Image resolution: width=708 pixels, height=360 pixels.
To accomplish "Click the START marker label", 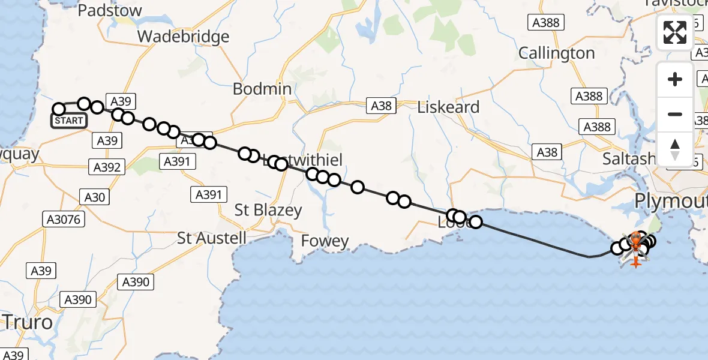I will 69,121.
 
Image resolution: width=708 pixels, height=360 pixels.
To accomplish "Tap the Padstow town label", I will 110,10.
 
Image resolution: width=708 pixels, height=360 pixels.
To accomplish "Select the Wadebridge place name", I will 183,37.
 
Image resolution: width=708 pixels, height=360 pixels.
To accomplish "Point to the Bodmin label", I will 262,89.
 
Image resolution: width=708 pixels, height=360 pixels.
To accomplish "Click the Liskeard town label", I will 449,107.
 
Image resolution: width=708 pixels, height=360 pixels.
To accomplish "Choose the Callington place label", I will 556,53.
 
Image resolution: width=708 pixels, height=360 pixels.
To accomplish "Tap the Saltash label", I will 629,158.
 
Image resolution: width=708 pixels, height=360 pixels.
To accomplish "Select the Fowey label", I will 325,241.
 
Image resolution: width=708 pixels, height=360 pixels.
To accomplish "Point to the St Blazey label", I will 268,210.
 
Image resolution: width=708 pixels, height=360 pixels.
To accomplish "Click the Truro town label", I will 27,322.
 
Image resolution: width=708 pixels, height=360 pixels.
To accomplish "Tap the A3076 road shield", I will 63,220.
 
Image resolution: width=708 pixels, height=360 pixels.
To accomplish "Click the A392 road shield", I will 106,167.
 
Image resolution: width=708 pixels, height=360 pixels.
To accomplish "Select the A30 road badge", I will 95,197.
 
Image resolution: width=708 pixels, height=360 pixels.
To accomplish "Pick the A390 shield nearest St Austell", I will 137,281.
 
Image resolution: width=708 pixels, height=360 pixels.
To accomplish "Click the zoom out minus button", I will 675,114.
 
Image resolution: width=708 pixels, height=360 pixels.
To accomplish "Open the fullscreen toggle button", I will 675,32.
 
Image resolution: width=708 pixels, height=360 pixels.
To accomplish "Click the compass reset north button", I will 675,149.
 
